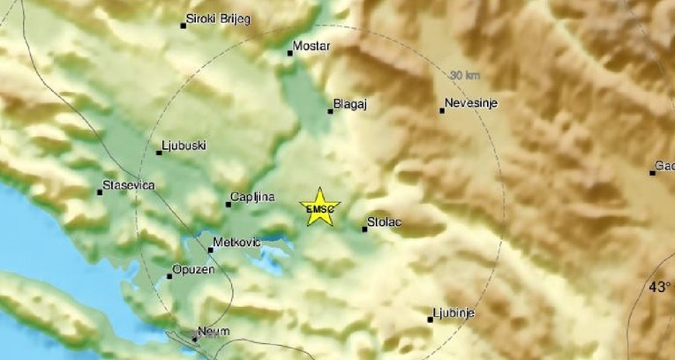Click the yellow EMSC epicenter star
click(x=318, y=206)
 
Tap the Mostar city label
click(x=312, y=44)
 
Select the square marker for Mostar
click(x=289, y=53)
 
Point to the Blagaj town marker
click(x=331, y=111)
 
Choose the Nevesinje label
click(x=472, y=103)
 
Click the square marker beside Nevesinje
click(x=442, y=110)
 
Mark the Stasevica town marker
click(x=100, y=191)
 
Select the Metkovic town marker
click(x=210, y=250)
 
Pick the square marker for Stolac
click(x=364, y=229)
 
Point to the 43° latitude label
click(x=659, y=287)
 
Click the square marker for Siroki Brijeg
click(x=183, y=26)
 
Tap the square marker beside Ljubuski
click(x=159, y=152)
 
